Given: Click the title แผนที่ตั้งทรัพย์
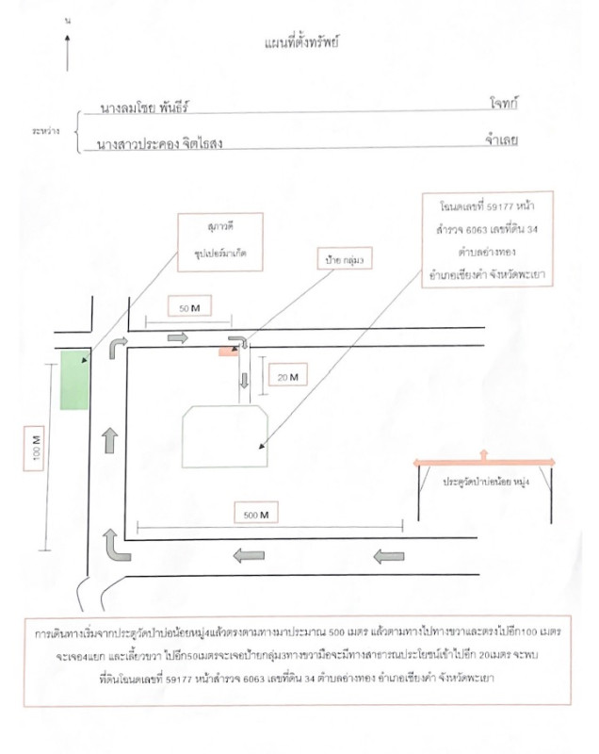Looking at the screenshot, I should [302, 42].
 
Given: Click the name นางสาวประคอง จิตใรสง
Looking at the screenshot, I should [165, 145].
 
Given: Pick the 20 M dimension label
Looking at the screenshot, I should [286, 377].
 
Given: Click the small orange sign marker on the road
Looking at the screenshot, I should [228, 352].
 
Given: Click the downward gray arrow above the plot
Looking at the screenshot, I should [245, 381].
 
